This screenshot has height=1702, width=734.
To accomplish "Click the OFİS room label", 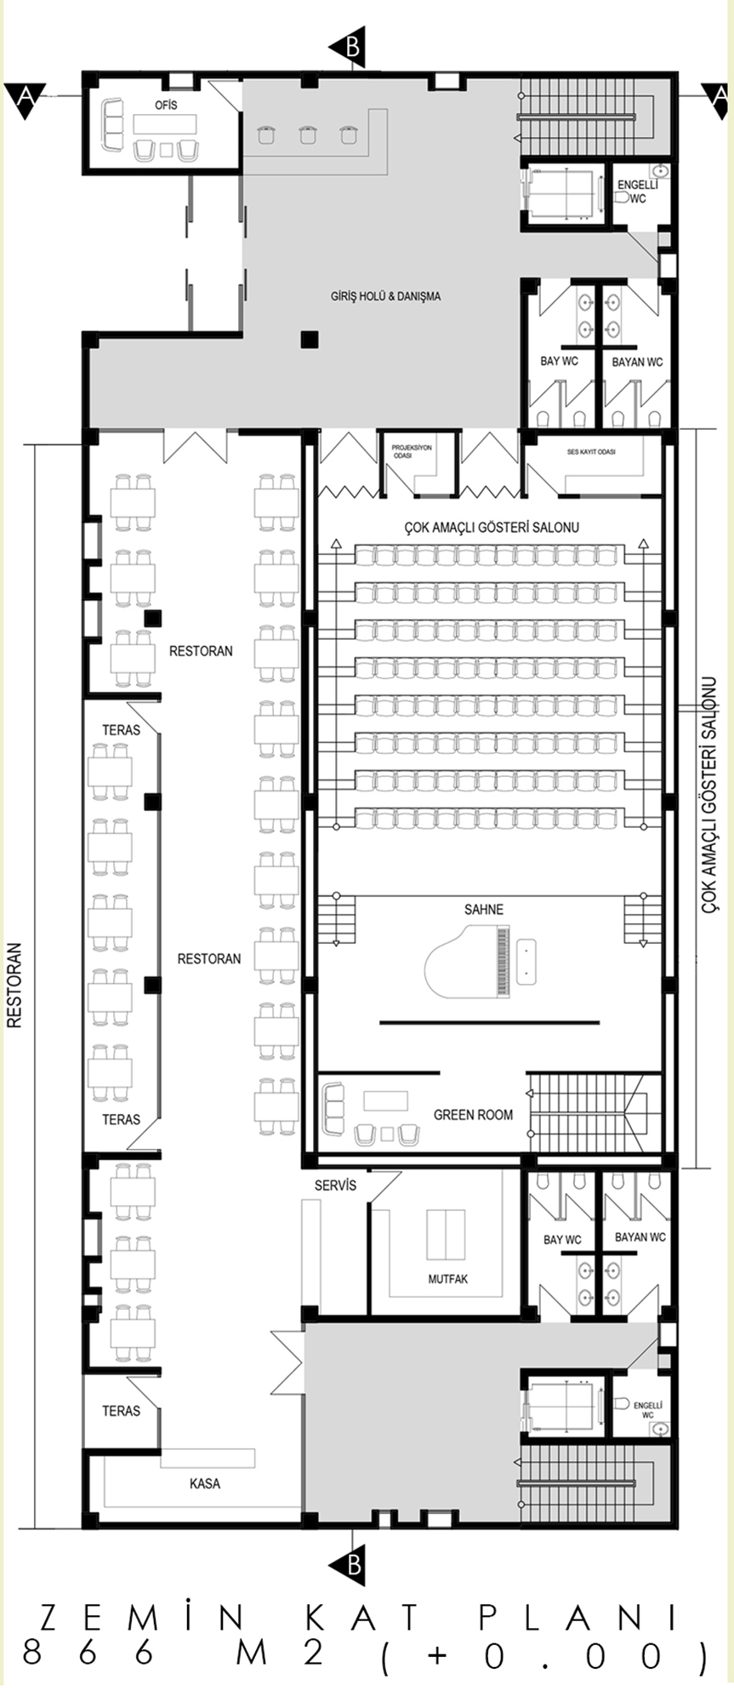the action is pos(166,105).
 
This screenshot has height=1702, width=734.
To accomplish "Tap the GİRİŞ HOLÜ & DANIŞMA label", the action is pos(385,297).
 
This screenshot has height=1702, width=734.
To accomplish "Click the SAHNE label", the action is pos(484,910).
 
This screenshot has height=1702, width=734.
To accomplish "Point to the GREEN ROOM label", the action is pos(473,1115).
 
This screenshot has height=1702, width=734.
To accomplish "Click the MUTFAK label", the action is pos(447,1279).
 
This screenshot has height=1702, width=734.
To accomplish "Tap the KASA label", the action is pos(205,1484).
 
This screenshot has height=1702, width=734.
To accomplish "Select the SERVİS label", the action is pos(335,1185).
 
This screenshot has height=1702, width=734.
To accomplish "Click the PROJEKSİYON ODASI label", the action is pos(412,451).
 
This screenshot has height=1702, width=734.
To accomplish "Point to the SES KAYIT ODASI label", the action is pos(591,452).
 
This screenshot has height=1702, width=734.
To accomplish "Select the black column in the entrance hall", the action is pos(309,340).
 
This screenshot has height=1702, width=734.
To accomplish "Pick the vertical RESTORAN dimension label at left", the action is pos(14,985).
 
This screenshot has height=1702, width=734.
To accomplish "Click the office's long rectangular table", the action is pos(165,124).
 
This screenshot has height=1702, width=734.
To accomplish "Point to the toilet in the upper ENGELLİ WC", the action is pos(623,197).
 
